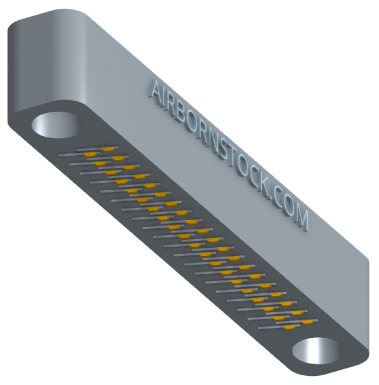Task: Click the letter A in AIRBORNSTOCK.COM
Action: [156, 91]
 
